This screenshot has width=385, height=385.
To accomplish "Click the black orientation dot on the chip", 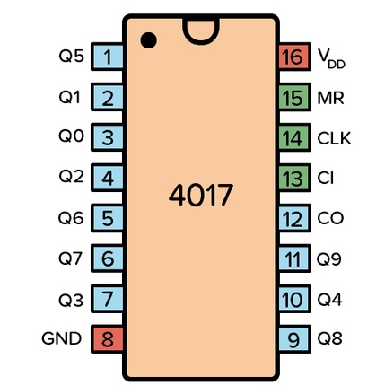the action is (149, 40).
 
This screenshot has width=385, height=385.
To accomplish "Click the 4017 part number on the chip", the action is (201, 195).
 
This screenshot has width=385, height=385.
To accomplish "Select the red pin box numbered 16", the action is (294, 57).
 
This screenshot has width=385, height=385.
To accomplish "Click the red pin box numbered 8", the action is (107, 339).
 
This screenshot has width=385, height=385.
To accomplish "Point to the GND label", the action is (62, 338).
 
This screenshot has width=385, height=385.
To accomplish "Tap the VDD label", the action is (331, 59).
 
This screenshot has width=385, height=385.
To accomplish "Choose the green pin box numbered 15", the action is (294, 97).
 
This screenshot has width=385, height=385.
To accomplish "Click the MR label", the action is (330, 98).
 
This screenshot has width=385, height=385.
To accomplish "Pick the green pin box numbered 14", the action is (294, 137).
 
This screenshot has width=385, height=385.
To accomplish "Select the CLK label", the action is (334, 138).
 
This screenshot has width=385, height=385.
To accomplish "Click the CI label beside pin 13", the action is (326, 178).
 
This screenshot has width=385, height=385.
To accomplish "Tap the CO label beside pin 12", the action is (330, 218).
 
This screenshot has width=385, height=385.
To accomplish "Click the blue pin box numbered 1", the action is (107, 57).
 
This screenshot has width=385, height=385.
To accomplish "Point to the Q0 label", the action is (71, 136).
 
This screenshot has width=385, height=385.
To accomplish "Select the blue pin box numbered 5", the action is (107, 218).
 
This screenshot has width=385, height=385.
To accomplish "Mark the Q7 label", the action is (71, 258).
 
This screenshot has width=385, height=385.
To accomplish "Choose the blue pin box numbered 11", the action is (294, 258).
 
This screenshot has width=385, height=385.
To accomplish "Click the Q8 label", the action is (329, 338).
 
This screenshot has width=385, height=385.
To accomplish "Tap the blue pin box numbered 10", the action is (294, 299).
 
